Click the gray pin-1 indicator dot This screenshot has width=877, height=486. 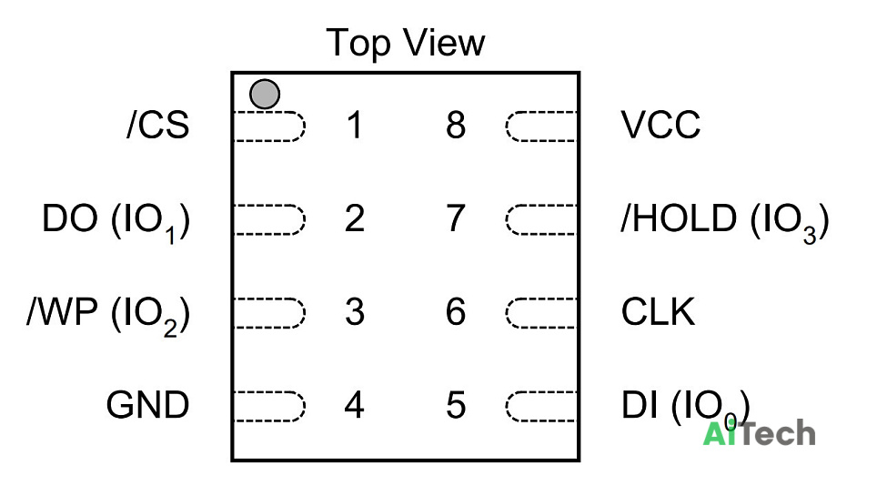coord(265,94)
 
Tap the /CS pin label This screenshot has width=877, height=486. coord(158,125)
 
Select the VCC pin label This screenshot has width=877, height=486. coord(660,125)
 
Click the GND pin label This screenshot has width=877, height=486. coord(147,405)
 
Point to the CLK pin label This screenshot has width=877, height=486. coord(658,311)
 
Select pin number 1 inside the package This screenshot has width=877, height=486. coord(354,125)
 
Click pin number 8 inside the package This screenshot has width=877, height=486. coord(456,125)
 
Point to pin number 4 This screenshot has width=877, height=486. coord(355,405)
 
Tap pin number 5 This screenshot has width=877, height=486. coord(456,405)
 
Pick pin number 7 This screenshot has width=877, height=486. coord(456,218)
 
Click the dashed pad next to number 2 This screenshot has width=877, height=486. coord(269,219)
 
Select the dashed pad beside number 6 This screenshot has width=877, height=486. coord(541,313)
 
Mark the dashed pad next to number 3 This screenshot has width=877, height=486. coord(269,313)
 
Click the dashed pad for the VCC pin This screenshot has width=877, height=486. coord(541,126)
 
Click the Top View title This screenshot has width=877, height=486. coord(406,43)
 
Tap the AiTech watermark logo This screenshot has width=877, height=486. coord(759,433)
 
